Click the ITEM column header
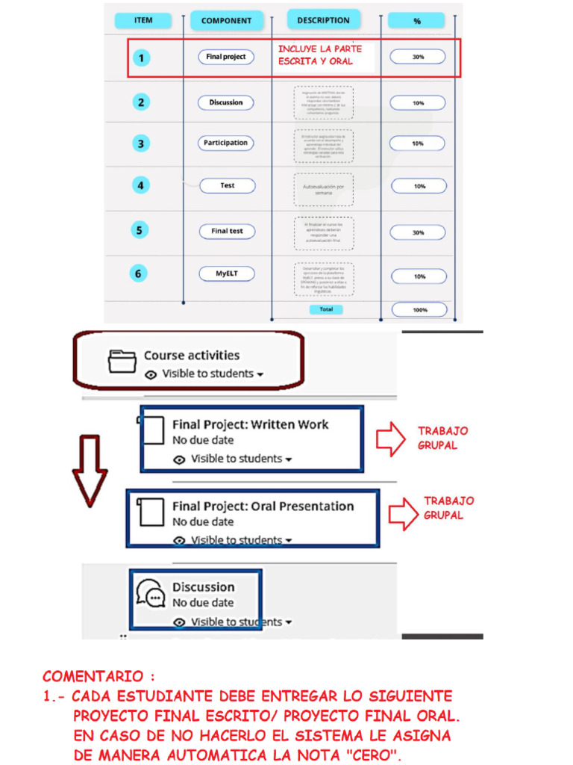point(143,20)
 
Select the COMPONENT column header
point(226,21)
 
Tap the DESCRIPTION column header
point(323,20)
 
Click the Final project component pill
point(226,57)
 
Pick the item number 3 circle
point(140,143)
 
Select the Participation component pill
point(226,143)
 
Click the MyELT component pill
point(226,274)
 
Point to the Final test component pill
point(227,232)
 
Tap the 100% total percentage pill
point(419,309)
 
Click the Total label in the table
point(326,309)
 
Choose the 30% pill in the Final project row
point(418,57)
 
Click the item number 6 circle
point(138,274)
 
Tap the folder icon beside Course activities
point(122,362)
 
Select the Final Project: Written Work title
point(250,424)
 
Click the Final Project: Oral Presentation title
point(263,506)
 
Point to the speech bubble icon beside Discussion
point(151,593)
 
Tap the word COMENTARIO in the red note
point(93,677)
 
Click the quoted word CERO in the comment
point(372,755)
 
